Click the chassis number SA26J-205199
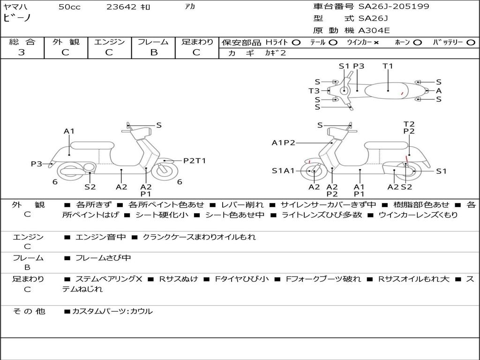(394, 7)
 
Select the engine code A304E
(374, 30)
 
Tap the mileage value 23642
(121, 7)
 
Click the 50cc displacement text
(69, 7)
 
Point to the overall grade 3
(22, 52)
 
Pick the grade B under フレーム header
(154, 52)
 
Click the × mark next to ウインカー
(376, 43)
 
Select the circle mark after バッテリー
(471, 43)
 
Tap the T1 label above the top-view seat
(388, 66)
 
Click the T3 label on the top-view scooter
(314, 90)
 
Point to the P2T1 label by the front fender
(195, 161)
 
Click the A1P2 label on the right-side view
(284, 142)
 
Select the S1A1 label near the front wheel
(283, 171)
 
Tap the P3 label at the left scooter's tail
(37, 164)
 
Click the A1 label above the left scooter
(69, 131)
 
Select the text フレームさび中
(103, 258)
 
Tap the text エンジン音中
(100, 237)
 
